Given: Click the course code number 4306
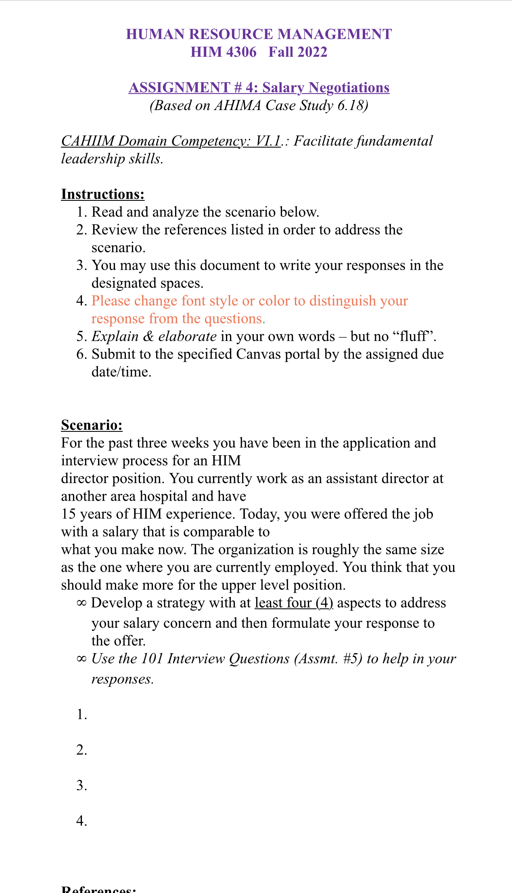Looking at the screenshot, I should coord(240,52).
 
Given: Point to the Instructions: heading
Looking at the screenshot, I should coord(102,194).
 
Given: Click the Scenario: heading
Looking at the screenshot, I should coord(92,425).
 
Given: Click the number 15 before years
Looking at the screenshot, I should coord(69,514).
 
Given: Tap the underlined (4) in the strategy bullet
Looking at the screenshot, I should coord(324,603).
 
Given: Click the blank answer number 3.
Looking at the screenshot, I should coord(82,785).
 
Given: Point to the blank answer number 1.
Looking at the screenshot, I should coord(82,714).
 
